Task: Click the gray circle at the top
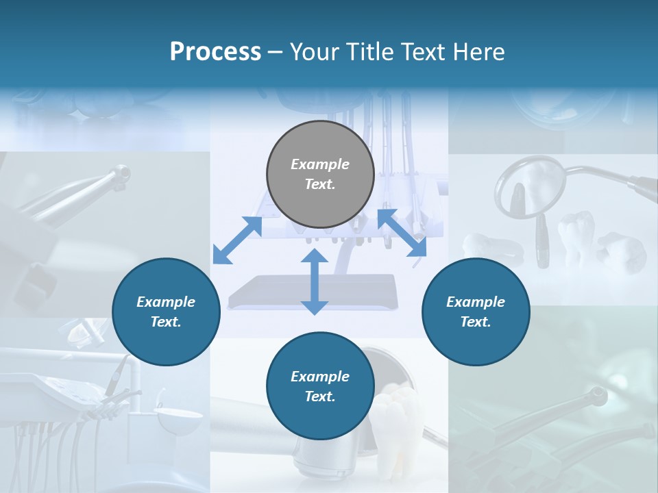[x=320, y=175]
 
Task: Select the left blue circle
[x=166, y=312]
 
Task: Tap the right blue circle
[x=476, y=312]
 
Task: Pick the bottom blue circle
[x=320, y=386]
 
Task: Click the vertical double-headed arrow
[x=315, y=281]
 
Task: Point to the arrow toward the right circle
[x=402, y=233]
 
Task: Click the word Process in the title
[x=215, y=51]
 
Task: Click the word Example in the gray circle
[x=320, y=164]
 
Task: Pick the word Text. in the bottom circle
[x=320, y=396]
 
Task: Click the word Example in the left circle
[x=166, y=302]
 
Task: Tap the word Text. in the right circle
[x=476, y=322]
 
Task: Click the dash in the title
[x=276, y=53]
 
